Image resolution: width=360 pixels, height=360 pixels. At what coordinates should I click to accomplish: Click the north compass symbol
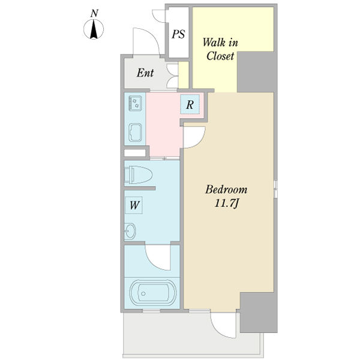point(94,29)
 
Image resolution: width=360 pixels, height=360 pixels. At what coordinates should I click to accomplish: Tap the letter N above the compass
point(94,13)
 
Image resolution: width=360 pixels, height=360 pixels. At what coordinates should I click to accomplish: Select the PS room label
point(178,34)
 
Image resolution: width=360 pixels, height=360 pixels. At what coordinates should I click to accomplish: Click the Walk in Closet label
point(220,49)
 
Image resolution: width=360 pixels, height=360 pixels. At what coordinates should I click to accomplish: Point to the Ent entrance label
point(145,73)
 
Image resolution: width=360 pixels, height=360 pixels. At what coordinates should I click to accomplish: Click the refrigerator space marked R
point(190,104)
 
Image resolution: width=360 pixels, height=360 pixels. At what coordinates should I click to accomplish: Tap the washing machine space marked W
point(134,205)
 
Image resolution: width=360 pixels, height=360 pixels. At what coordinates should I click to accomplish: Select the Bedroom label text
point(226,190)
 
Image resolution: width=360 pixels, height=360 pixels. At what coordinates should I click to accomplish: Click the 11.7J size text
point(227,203)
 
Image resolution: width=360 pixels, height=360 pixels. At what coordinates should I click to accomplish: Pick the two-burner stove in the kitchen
point(135,103)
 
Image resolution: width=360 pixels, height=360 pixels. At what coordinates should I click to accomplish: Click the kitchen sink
point(135,133)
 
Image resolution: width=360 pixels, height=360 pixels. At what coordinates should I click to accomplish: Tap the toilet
point(138,175)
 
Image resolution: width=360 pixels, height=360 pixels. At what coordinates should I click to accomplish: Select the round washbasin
point(130,231)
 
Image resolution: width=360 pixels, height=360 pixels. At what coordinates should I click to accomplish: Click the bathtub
point(153,293)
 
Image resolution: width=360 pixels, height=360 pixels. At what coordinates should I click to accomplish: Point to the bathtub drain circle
point(143,293)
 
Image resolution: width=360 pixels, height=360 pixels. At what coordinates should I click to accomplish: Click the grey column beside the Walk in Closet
point(256,71)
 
